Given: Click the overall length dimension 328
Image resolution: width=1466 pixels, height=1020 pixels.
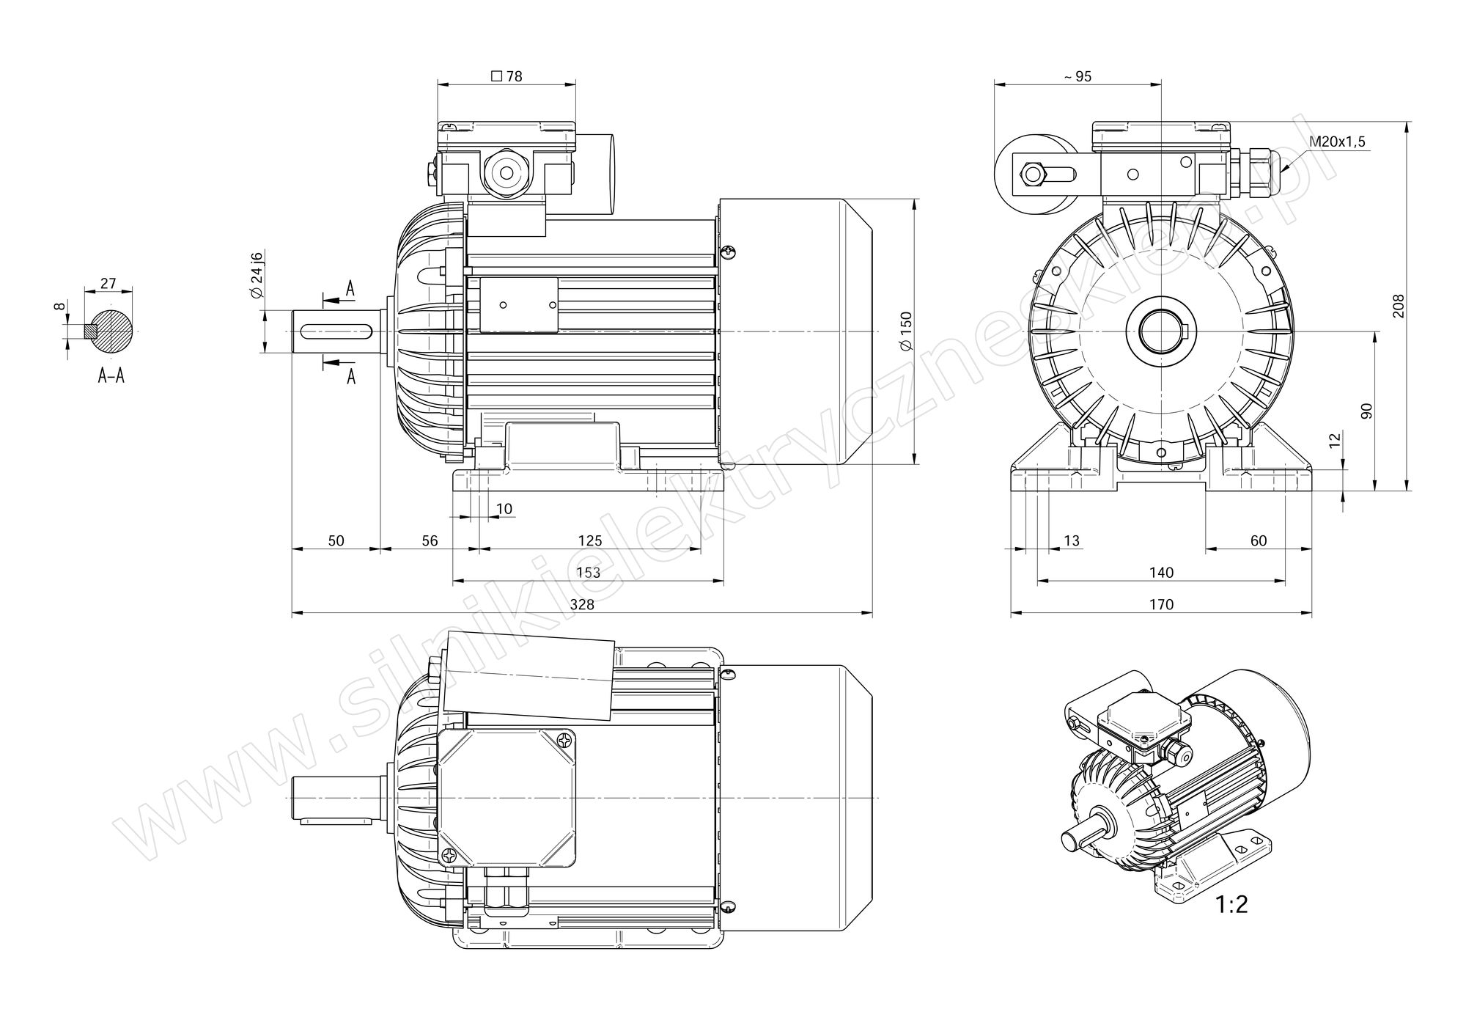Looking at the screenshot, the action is [582, 604].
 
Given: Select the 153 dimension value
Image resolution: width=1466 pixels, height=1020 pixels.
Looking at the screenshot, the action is [589, 573].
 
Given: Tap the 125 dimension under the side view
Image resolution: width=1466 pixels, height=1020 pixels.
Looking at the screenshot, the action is [590, 541].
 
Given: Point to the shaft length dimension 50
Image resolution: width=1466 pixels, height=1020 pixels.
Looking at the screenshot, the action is [336, 541].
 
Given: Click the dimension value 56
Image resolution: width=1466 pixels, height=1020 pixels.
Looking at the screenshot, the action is [430, 541].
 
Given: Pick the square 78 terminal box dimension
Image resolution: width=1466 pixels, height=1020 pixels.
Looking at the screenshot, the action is [507, 76].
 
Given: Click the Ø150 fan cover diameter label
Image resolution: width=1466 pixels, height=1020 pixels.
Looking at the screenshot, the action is [906, 331].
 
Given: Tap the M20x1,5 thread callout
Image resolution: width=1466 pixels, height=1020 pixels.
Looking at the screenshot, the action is [1338, 142].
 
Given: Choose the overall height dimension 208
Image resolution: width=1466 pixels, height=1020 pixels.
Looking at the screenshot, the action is [1399, 307].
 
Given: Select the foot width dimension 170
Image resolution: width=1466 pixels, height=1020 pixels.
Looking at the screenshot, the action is [1161, 604].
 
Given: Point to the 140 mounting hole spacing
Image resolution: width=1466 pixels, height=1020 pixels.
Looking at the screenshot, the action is [1161, 573].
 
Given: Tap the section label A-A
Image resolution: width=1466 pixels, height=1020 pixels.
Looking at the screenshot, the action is [111, 376].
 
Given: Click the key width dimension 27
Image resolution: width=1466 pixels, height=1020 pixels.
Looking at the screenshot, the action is [108, 283].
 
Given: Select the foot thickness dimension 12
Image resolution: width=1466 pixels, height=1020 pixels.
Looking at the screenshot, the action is [1335, 440].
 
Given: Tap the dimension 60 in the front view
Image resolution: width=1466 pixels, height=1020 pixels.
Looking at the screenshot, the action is [1258, 541].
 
